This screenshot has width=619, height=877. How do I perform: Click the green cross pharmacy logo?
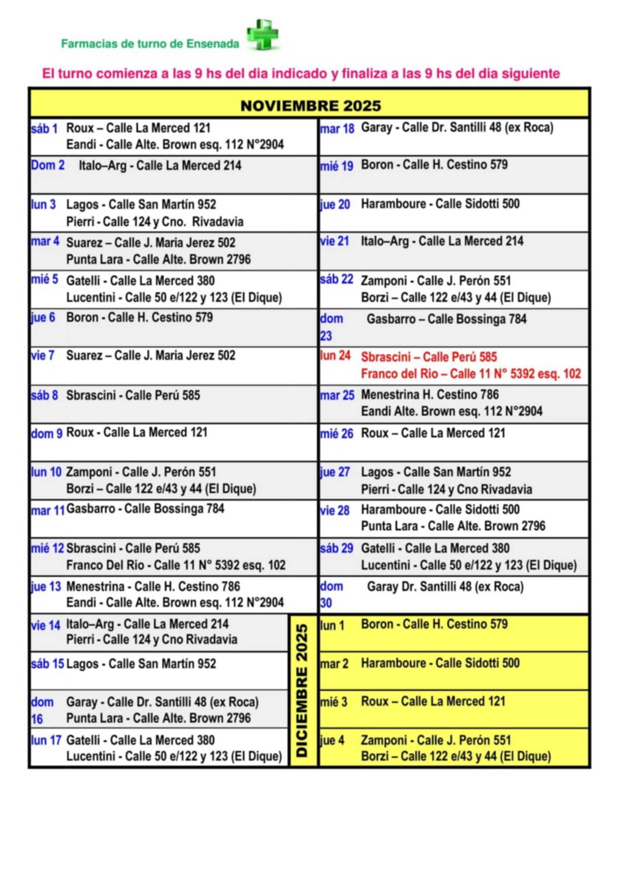pyautogui.click(x=262, y=35)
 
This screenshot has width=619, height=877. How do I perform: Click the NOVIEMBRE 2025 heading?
pyautogui.click(x=310, y=106)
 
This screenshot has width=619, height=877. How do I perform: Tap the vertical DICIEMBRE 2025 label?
pyautogui.click(x=302, y=690)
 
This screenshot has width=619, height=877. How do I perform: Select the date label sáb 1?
pyautogui.click(x=44, y=129)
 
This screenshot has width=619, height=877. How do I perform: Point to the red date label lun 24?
pyautogui.click(x=335, y=355)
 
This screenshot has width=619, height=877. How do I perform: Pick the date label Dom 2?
pyautogui.click(x=48, y=165)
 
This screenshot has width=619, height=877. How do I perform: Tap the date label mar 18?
pyautogui.click(x=337, y=129)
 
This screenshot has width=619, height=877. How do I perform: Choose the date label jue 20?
pyautogui.click(x=335, y=205)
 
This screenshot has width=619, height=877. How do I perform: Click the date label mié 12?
pyautogui.click(x=47, y=548)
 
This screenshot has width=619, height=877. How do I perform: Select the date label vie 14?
pyautogui.click(x=46, y=626)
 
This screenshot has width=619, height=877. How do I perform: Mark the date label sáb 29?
pyautogui.click(x=337, y=548)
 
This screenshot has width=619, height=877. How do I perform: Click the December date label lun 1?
pyautogui.click(x=332, y=626)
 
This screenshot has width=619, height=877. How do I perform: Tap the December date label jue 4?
pyautogui.click(x=332, y=741)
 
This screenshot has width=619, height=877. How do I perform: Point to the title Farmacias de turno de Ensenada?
pyautogui.click(x=150, y=44)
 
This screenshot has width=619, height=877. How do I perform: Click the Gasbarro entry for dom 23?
pyautogui.click(x=446, y=319)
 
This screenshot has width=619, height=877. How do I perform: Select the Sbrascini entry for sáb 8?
pyautogui.click(x=133, y=395)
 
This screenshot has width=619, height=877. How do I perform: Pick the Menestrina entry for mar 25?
pyautogui.click(x=430, y=395)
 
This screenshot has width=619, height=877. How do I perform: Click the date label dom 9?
pyautogui.click(x=47, y=433)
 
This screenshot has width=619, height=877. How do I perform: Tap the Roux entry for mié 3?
pyautogui.click(x=433, y=702)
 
